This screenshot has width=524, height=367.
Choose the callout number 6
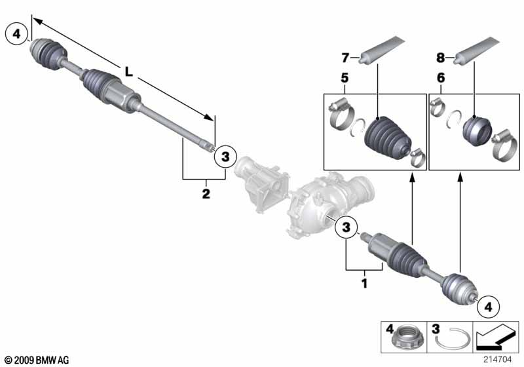(x=440, y=78)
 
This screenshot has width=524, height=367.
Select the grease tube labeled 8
(x=482, y=50)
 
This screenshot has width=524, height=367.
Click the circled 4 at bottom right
(x=489, y=305)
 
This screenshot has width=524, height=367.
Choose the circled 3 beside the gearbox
(x=346, y=227)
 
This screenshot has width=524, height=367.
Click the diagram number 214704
(x=501, y=359)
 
